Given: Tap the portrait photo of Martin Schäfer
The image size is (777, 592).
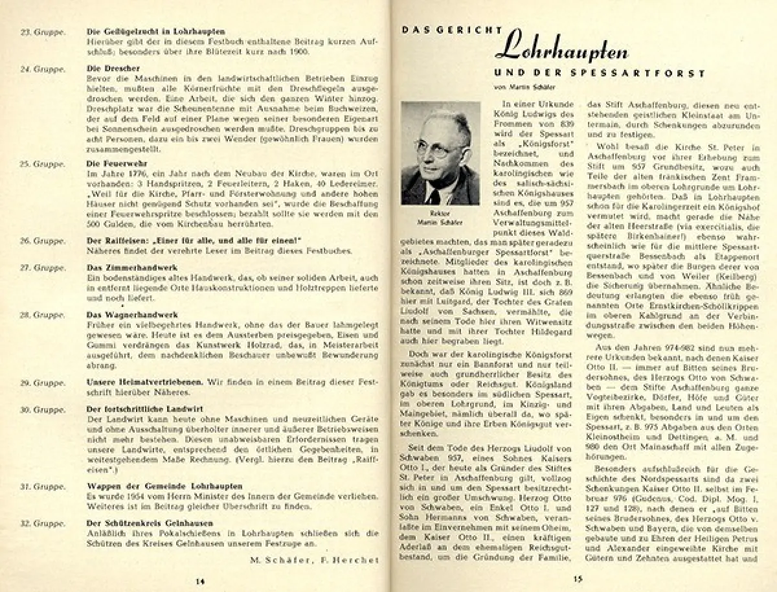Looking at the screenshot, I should pos(440,153).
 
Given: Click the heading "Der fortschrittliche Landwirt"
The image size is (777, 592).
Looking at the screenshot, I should pos(145,409).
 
